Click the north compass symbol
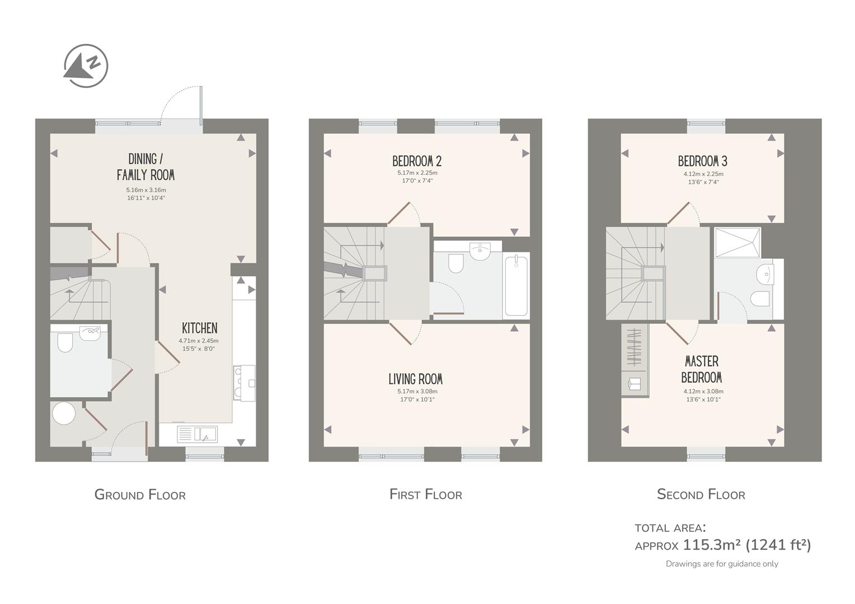pos(86,65)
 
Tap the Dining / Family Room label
pos(145,167)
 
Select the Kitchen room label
pos(200,328)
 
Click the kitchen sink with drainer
pos(197,434)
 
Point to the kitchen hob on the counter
pos(245,383)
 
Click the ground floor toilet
pos(65,342)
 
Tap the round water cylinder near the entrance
pos(64,413)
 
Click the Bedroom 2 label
pos(417,162)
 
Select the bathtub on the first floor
pos(516,286)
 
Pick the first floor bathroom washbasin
pos(480,251)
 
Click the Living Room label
pos(416,379)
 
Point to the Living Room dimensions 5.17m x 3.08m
pos(417,391)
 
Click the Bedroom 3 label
pos(703,162)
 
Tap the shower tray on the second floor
pos(737,243)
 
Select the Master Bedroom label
pos(702,369)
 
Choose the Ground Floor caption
pos(140,494)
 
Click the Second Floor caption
pos(701,494)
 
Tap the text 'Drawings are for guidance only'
pos(722,564)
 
